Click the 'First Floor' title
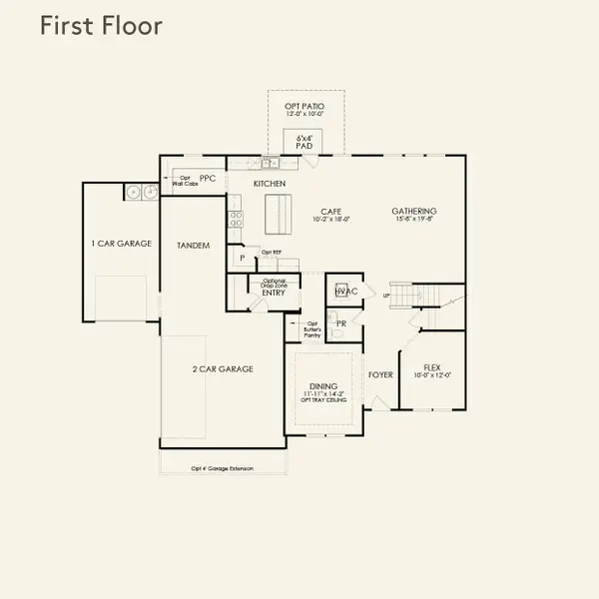tap(100, 26)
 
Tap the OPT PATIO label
tap(305, 107)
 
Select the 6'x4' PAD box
tap(304, 142)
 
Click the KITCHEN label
tap(270, 184)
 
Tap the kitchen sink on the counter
tap(270, 163)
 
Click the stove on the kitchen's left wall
tap(236, 215)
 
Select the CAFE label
tap(331, 211)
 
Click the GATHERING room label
tap(413, 211)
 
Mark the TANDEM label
tap(193, 245)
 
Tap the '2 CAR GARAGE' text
tap(223, 368)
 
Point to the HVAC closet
tap(345, 291)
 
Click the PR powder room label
tap(340, 323)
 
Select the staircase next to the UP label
tap(403, 296)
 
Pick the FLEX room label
tap(432, 367)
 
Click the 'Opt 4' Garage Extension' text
tap(223, 468)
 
